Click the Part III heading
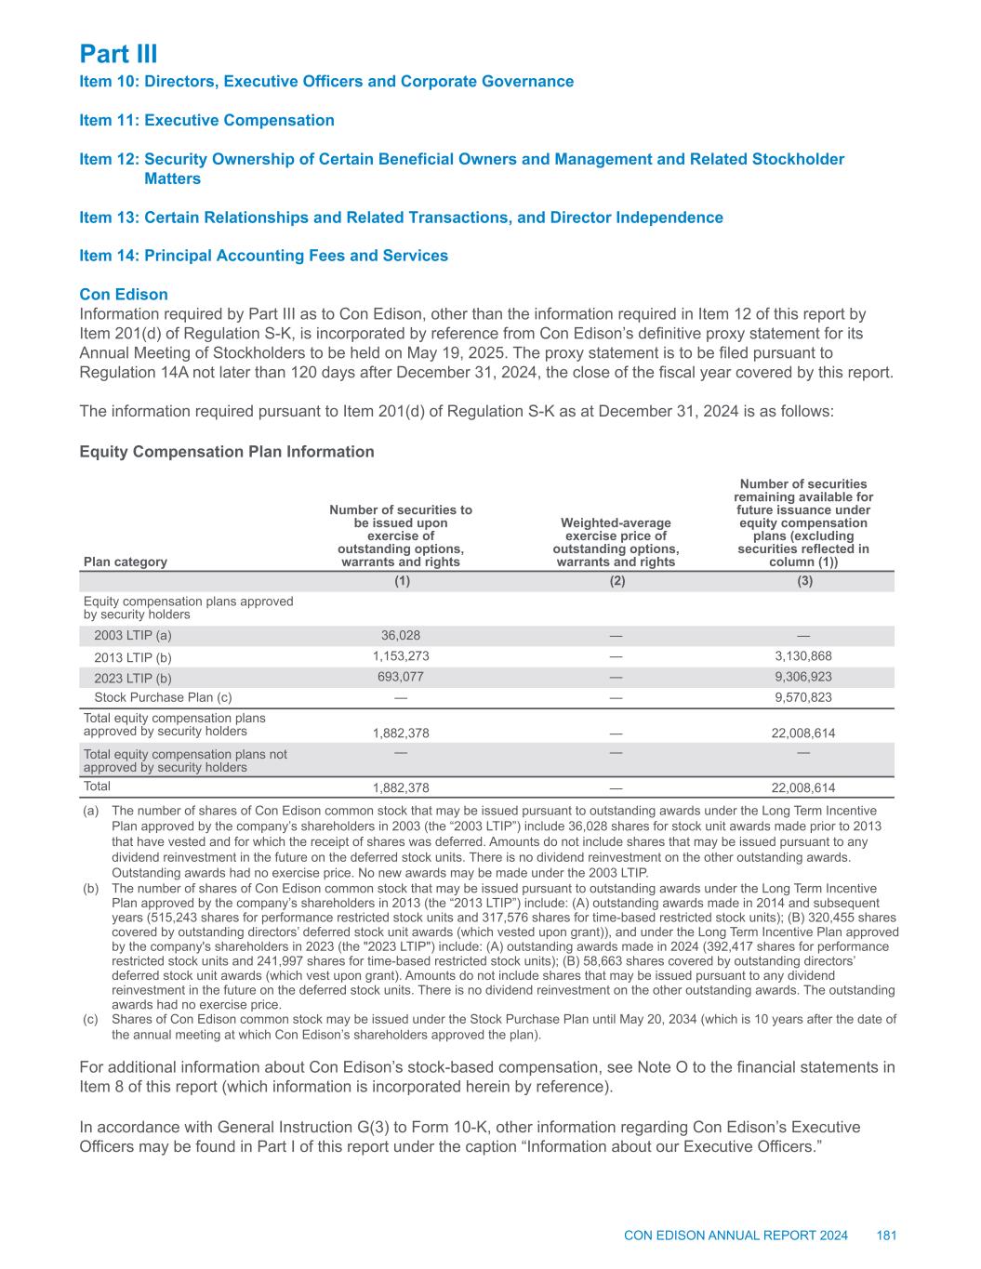pyautogui.click(x=118, y=53)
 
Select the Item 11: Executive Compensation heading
pyautogui.click(x=206, y=120)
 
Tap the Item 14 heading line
pyautogui.click(x=263, y=256)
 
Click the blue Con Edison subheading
pyautogui.click(x=124, y=295)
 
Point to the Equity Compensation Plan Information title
pyautogui.click(x=227, y=452)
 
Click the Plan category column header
pyautogui.click(x=126, y=562)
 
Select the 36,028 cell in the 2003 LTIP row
pyautogui.click(x=401, y=636)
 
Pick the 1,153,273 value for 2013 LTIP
pyautogui.click(x=401, y=656)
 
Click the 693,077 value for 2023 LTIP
pyautogui.click(x=401, y=678)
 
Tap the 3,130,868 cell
pyautogui.click(x=803, y=656)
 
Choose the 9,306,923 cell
pyautogui.click(x=803, y=678)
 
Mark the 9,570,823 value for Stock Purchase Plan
pyautogui.click(x=803, y=698)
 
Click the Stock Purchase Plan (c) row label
pyautogui.click(x=163, y=698)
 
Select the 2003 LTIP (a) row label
pyautogui.click(x=133, y=636)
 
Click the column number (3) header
pyautogui.click(x=804, y=581)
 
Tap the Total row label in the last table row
pyautogui.click(x=97, y=787)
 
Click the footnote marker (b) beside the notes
pyautogui.click(x=90, y=889)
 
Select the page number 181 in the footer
pyautogui.click(x=886, y=1236)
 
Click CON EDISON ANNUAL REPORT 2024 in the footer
pyautogui.click(x=736, y=1236)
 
